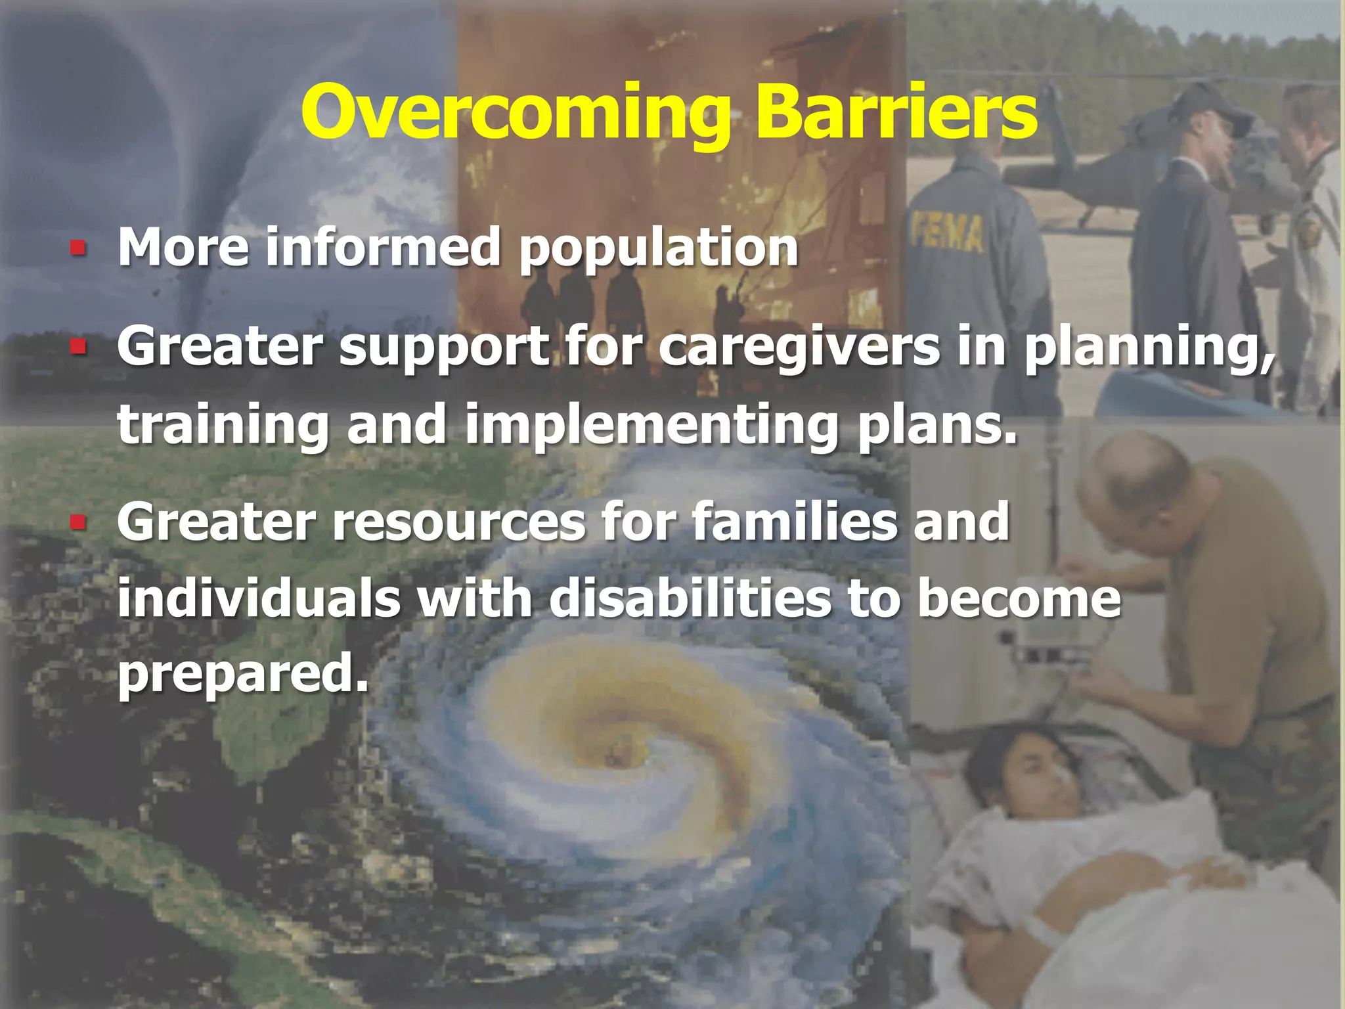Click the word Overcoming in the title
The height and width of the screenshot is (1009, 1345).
516,113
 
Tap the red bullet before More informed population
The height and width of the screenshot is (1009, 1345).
78,248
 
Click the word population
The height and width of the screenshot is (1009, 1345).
659,250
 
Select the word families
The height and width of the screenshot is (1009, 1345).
794,522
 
